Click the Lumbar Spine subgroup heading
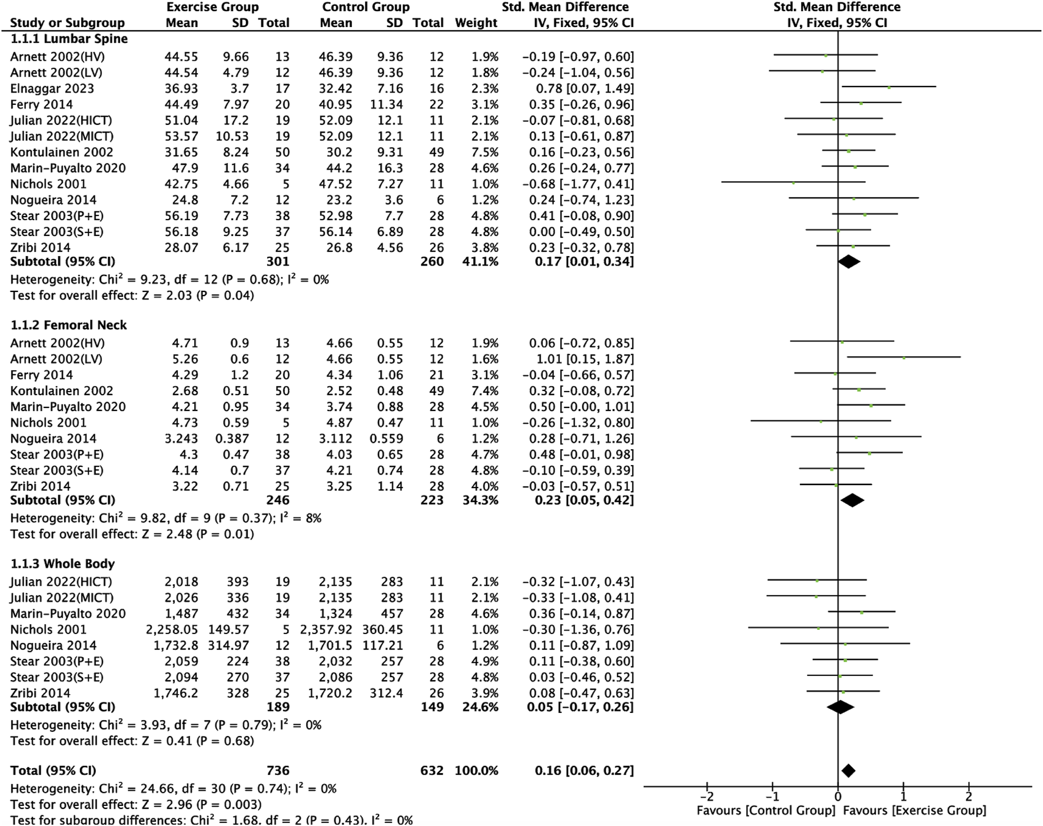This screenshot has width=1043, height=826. pos(69,39)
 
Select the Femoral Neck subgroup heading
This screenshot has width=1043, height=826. pos(69,325)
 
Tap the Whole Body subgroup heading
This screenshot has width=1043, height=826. pos(62,563)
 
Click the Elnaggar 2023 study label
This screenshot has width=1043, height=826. pos(52,88)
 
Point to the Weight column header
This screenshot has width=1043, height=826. pos(476,23)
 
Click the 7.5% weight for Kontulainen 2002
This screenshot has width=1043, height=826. pos(484,152)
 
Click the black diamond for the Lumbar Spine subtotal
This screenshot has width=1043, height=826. pos(848,261)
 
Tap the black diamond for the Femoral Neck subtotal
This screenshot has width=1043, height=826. pos(852,500)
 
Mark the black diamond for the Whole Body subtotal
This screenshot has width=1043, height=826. pos(841,706)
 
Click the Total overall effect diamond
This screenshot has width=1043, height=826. pos(848,771)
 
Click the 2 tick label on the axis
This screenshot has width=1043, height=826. pos(969,797)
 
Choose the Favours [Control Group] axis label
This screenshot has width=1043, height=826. pos(766,811)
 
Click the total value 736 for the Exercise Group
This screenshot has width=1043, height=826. pos(278,771)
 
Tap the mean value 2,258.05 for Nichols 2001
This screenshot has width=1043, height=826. pos(172,629)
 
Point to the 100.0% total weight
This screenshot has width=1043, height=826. pos(476,771)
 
